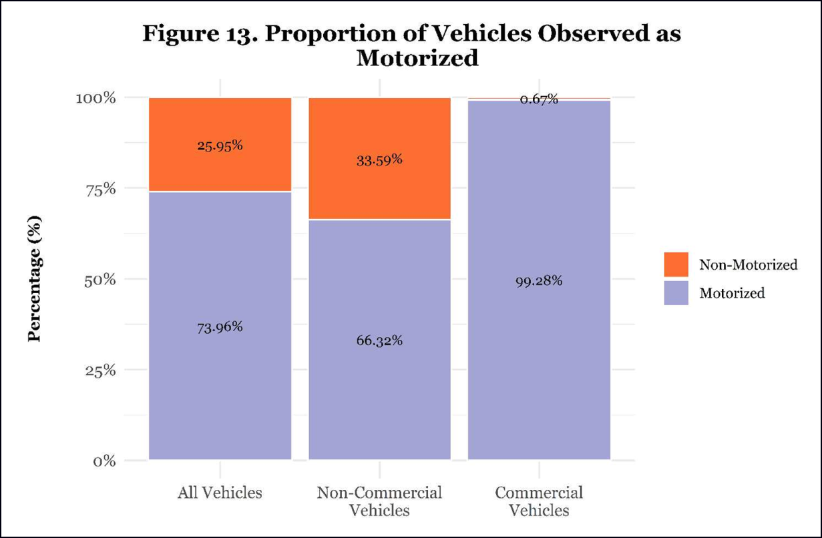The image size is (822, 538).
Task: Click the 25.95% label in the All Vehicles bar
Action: pos(220,145)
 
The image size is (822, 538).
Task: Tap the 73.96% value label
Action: pos(220,327)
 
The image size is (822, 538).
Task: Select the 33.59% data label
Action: pos(379,160)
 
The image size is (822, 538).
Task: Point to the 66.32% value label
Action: pos(379,340)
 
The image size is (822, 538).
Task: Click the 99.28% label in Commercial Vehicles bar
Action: pos(540,280)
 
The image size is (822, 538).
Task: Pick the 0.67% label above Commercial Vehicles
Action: pos(539,99)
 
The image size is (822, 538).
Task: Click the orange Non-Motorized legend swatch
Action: pos(676,264)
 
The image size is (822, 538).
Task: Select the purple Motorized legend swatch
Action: pos(676,292)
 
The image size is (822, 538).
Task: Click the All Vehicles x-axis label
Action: pos(220,493)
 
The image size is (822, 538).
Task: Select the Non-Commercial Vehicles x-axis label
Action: pos(379,502)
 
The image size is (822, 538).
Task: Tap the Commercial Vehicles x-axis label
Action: pos(539,502)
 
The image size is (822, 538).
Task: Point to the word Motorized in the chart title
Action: pos(417,58)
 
